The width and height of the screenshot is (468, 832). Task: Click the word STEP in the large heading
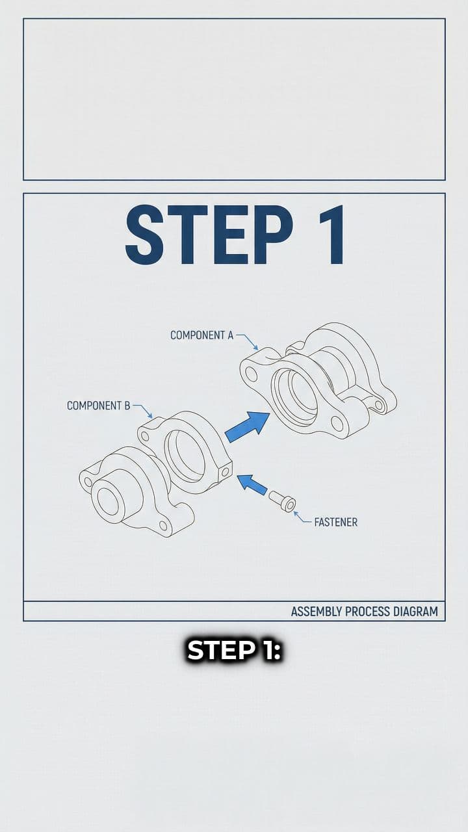tap(208, 235)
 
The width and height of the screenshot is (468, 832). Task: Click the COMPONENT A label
tap(201, 335)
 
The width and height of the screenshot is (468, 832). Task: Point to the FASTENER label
tap(335, 522)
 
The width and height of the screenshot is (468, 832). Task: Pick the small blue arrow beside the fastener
tap(252, 484)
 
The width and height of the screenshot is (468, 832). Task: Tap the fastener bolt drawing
tap(282, 501)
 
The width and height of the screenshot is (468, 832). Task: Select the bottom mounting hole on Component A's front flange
tap(337, 423)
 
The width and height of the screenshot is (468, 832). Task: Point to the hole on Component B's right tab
tap(226, 471)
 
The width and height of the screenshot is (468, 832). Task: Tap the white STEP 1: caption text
tap(233, 650)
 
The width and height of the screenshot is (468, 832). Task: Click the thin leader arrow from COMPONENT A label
tap(248, 341)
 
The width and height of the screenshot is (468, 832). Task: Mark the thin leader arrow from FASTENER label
tap(302, 517)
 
